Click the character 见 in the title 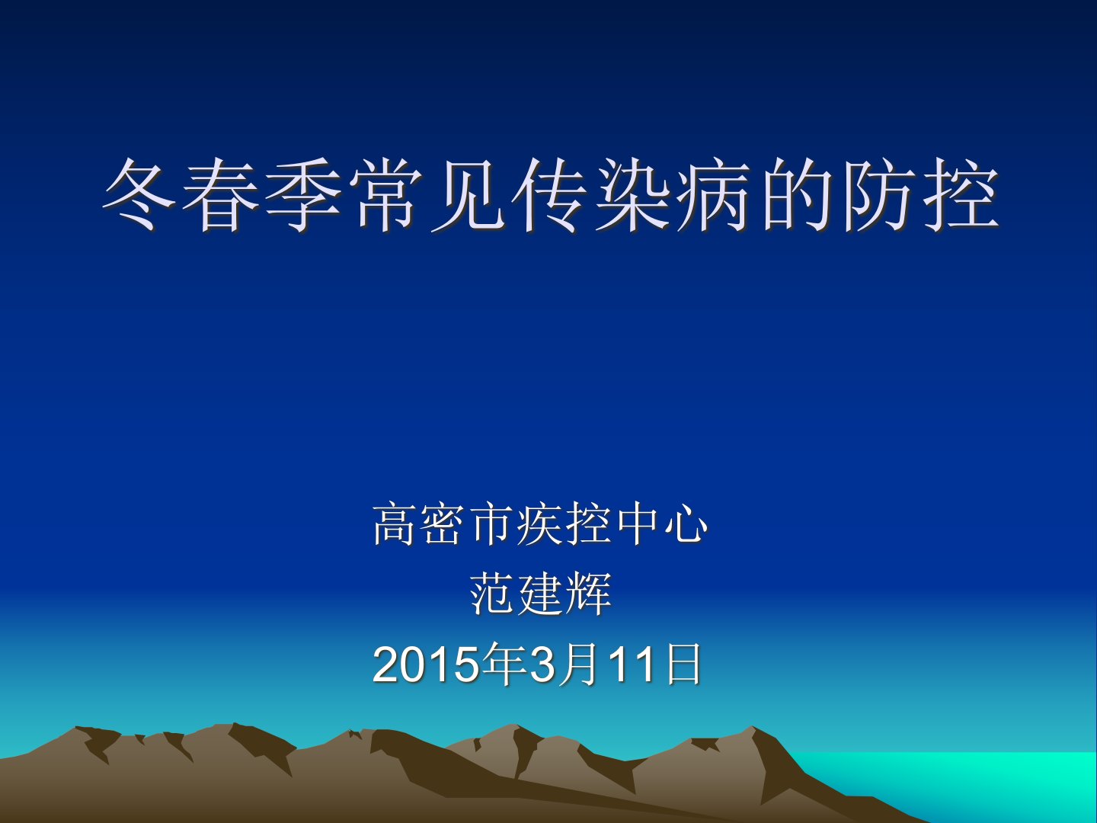pos(467,195)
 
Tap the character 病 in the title pos(714,195)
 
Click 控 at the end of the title pos(961,195)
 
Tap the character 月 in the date pos(578,664)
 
